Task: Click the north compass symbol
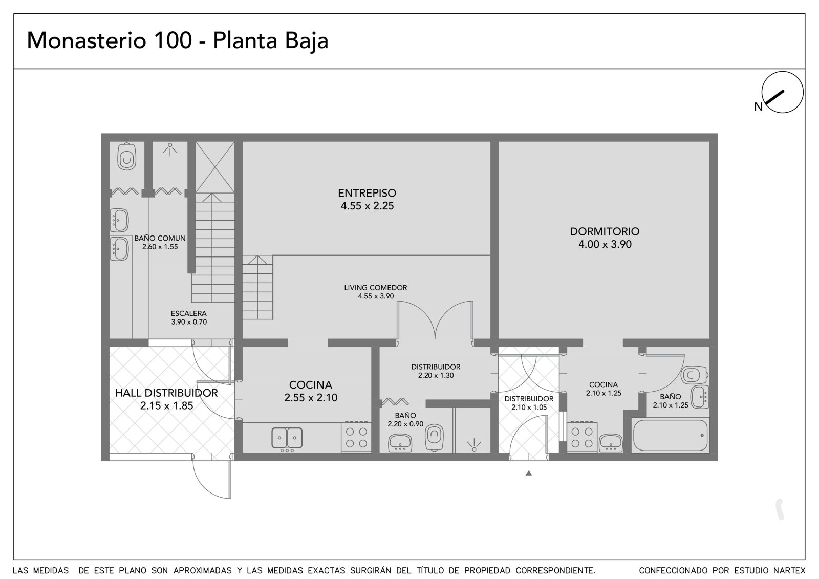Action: [782, 92]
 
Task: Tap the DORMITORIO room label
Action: [605, 231]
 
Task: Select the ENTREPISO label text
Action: [367, 193]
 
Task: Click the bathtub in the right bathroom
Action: [670, 435]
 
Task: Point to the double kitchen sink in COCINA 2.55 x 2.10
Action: [287, 438]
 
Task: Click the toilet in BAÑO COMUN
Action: [127, 157]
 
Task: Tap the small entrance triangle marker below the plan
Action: [529, 473]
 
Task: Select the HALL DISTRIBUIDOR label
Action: [167, 393]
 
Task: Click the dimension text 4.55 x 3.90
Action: [376, 296]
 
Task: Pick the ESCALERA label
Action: [189, 313]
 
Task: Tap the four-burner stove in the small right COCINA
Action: [582, 438]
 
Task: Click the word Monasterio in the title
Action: [87, 40]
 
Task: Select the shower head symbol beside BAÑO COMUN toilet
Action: [170, 149]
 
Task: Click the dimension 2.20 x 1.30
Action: [436, 375]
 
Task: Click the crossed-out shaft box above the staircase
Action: [215, 167]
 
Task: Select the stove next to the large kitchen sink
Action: [356, 437]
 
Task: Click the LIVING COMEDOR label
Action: [376, 288]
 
